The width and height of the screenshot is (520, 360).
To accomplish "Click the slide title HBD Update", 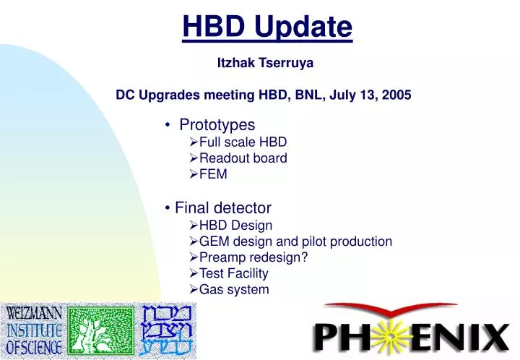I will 267,27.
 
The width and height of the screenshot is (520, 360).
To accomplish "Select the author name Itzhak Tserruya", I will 265,63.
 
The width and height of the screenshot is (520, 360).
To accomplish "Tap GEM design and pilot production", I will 295,241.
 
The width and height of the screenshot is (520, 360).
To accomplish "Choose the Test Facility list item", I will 233,273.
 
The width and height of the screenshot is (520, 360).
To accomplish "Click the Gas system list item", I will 234,289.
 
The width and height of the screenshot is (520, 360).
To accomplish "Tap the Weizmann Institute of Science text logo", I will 33,330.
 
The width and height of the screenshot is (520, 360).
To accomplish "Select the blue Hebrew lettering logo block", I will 169,330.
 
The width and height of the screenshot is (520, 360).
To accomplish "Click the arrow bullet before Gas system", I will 193,290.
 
